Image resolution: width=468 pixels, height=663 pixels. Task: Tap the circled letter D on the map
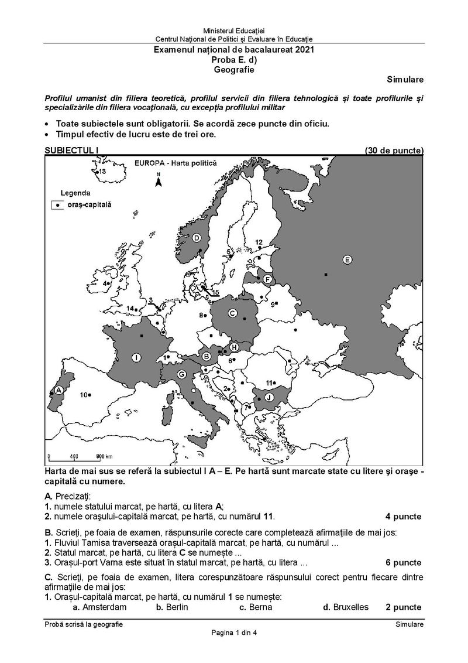(x=197, y=237)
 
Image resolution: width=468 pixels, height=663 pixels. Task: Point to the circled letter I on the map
(x=136, y=357)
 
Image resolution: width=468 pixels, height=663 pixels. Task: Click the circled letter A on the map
(x=58, y=390)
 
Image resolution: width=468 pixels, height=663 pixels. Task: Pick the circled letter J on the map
(x=269, y=397)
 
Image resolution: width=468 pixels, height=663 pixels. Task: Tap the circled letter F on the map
(x=267, y=279)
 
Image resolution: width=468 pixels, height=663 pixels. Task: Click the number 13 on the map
(x=101, y=172)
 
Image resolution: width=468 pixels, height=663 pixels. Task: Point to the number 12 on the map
(x=259, y=242)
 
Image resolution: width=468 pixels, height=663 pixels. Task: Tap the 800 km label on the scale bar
(x=104, y=456)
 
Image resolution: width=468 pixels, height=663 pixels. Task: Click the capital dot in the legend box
(x=58, y=205)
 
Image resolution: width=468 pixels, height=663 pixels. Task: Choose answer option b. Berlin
(x=172, y=607)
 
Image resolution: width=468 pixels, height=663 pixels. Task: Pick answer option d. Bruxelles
(x=346, y=607)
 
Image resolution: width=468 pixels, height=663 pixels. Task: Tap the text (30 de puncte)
(x=394, y=151)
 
